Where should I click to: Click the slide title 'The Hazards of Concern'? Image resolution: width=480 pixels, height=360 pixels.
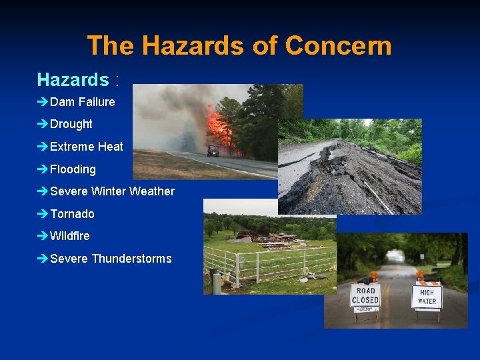tap(239, 46)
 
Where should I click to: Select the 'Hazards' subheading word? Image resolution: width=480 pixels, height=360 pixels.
tap(73, 80)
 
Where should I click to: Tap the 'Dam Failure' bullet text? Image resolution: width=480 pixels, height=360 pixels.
tap(82, 102)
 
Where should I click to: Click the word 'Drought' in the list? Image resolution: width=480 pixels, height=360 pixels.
tap(71, 124)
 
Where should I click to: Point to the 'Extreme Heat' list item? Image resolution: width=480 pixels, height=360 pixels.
tap(87, 147)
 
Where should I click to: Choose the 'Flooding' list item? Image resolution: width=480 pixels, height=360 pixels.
tap(73, 169)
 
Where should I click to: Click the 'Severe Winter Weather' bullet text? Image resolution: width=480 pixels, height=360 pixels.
tap(112, 191)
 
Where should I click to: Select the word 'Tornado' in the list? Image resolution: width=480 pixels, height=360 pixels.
tap(72, 214)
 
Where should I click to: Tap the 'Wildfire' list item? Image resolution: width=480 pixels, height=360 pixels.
tap(69, 236)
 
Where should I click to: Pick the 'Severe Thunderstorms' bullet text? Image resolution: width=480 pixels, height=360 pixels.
tap(111, 259)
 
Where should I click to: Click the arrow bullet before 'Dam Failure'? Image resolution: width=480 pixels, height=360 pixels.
tap(43, 102)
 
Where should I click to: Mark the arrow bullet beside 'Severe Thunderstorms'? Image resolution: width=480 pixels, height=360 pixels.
tap(43, 259)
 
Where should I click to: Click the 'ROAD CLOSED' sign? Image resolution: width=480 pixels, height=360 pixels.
tap(365, 295)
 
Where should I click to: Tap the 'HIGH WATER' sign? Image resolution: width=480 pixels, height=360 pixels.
tap(427, 297)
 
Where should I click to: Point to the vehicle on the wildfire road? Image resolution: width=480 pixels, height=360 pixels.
tap(213, 151)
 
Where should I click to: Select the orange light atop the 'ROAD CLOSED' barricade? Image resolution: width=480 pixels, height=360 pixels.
tap(374, 276)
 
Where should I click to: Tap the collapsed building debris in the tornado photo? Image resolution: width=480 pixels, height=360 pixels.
tap(267, 237)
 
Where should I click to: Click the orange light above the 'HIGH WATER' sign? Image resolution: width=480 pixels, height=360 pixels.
tap(420, 275)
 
